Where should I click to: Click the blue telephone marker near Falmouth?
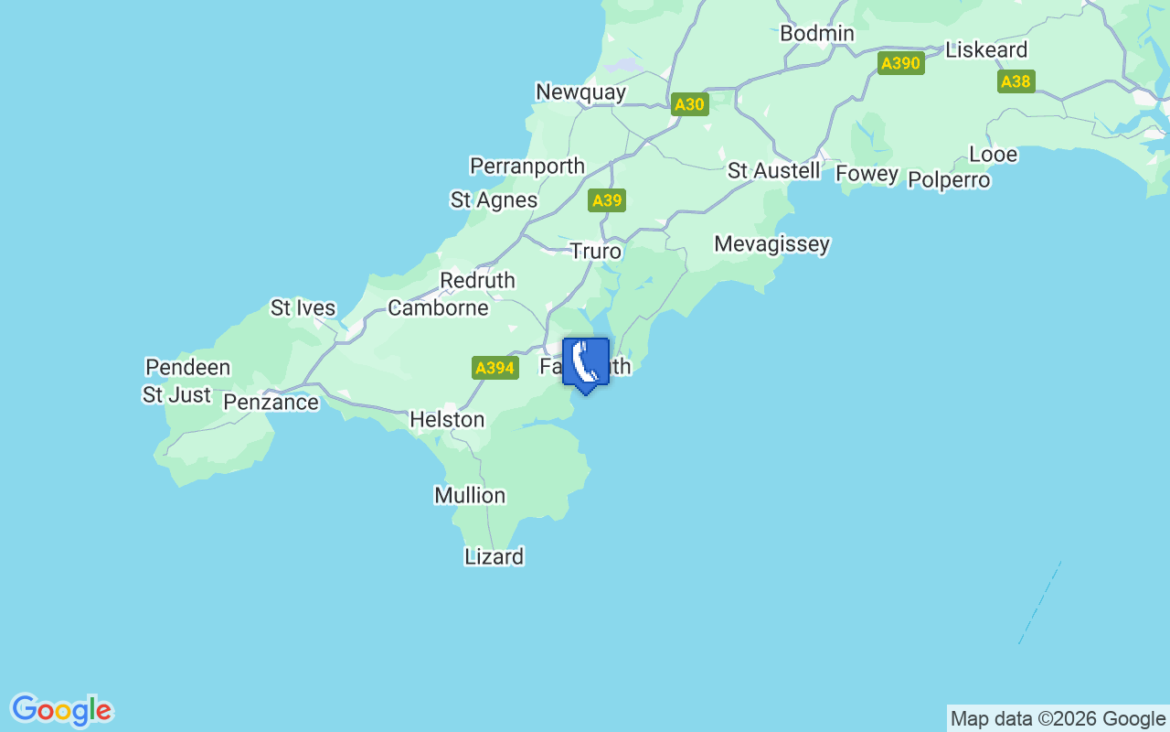(x=586, y=363)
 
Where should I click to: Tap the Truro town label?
(x=596, y=251)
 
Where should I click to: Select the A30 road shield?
(x=689, y=104)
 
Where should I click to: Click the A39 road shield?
(x=607, y=200)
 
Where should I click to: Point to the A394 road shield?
(x=495, y=368)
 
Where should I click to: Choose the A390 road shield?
(x=900, y=63)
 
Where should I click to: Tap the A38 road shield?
(x=1016, y=81)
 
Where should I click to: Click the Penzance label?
(x=271, y=403)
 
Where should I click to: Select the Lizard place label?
(x=495, y=556)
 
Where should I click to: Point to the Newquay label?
(x=581, y=92)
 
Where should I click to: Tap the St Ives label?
(x=303, y=308)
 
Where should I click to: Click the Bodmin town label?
(x=817, y=34)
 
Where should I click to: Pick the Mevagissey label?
(x=772, y=244)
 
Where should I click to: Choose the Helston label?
(x=447, y=419)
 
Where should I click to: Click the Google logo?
(x=62, y=710)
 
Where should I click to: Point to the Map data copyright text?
(x=1058, y=718)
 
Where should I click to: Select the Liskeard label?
(x=986, y=49)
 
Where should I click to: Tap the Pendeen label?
(x=188, y=368)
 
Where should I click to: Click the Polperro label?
(x=949, y=180)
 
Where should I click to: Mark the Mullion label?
(x=470, y=496)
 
